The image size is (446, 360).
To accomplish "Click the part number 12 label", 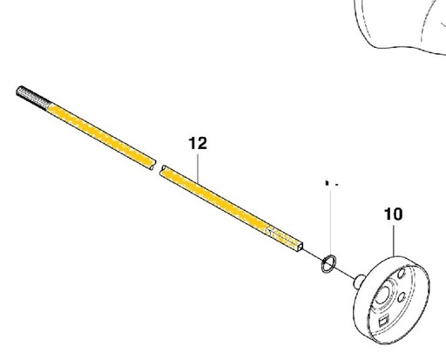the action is (198, 143).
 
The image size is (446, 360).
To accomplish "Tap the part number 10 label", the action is (394, 214).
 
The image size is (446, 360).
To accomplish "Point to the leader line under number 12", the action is (198, 168).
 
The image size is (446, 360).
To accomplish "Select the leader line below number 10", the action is (394, 241).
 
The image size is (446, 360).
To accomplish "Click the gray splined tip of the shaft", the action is (34, 98).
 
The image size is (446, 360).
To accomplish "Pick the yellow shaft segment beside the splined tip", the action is (101, 135).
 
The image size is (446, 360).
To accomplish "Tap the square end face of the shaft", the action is (300, 247).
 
